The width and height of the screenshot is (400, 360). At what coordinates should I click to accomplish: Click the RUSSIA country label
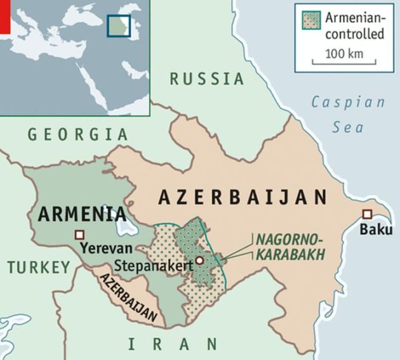207,79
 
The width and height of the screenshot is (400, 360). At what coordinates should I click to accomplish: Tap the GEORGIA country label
77,134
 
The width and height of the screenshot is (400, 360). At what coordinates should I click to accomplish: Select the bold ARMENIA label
81,213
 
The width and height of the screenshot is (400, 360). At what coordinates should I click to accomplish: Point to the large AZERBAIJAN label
243,197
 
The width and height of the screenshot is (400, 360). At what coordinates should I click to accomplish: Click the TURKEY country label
39,267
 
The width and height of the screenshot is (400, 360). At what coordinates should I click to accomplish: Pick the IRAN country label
172,344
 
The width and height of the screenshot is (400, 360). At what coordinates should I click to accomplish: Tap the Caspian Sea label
349,114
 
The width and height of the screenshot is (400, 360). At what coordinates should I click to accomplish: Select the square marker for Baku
367,214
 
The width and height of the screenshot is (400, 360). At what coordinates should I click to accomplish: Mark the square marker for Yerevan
79,234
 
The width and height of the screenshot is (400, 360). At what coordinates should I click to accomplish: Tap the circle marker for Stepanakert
199,260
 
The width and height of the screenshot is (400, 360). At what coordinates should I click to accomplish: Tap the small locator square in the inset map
119,25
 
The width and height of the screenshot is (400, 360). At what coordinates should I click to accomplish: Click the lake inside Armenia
122,226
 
